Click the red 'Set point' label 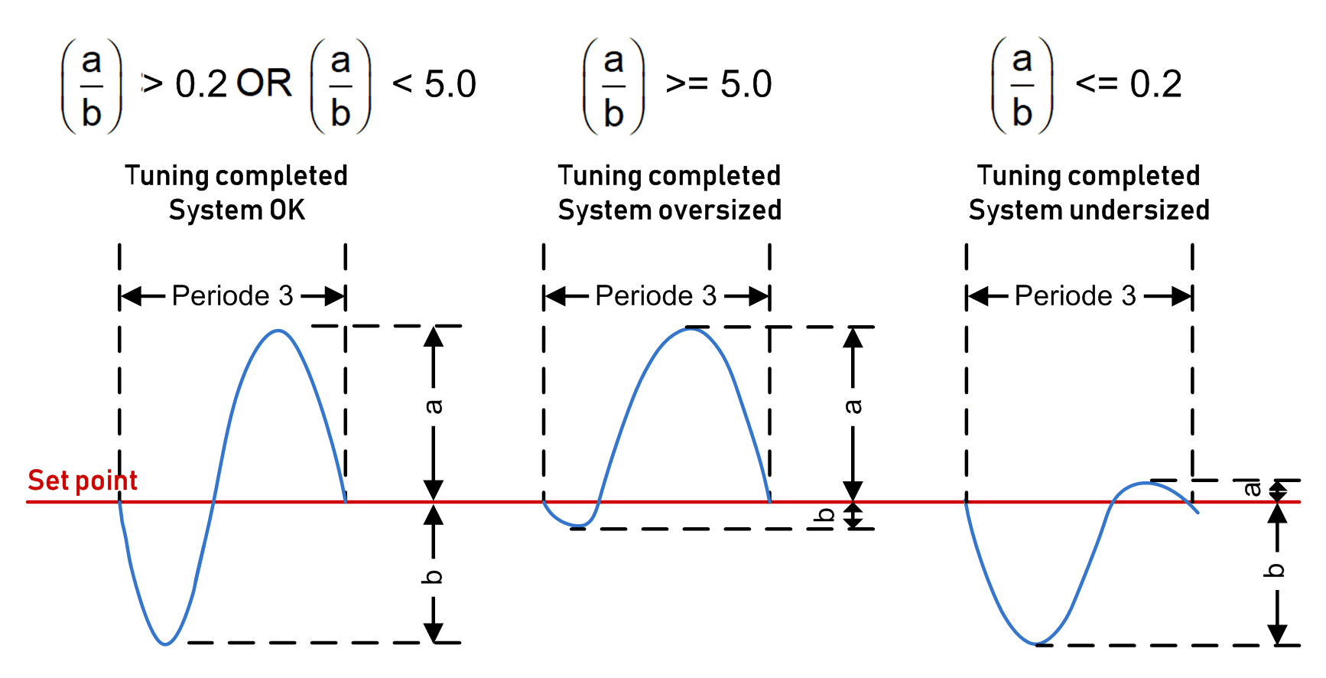83,481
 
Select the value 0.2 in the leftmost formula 201,83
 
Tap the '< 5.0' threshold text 434,83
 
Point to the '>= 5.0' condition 719,83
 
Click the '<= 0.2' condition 1129,83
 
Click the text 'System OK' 237,210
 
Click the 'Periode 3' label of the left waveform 232,295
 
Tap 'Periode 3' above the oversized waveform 656,295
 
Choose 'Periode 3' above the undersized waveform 1075,295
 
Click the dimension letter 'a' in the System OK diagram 433,406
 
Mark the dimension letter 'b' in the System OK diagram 433,576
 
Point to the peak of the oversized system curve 690,329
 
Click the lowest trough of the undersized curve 1035,643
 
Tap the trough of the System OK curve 165,644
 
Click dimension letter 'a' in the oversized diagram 853,406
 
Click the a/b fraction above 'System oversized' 613,86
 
